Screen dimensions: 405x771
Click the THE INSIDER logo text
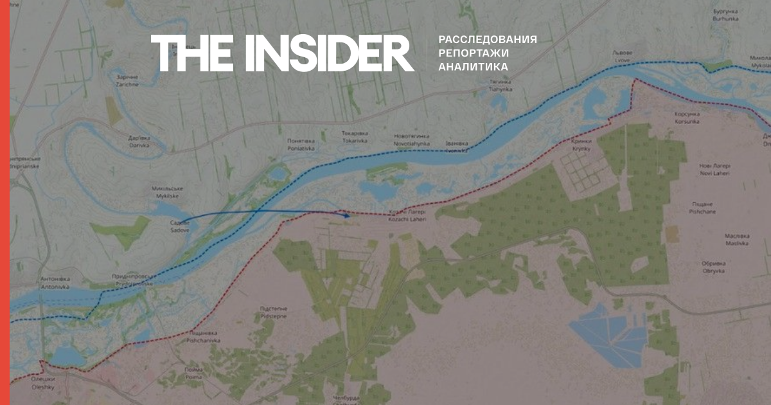(x=283, y=53)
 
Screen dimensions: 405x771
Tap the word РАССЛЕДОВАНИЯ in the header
(x=488, y=39)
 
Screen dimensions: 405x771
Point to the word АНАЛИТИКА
(x=474, y=67)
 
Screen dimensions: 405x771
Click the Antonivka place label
(x=55, y=282)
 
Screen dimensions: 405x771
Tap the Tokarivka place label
(x=354, y=138)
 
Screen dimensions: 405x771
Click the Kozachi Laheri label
(x=407, y=217)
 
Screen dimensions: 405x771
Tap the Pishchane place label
(x=716, y=207)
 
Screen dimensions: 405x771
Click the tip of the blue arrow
(x=350, y=215)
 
